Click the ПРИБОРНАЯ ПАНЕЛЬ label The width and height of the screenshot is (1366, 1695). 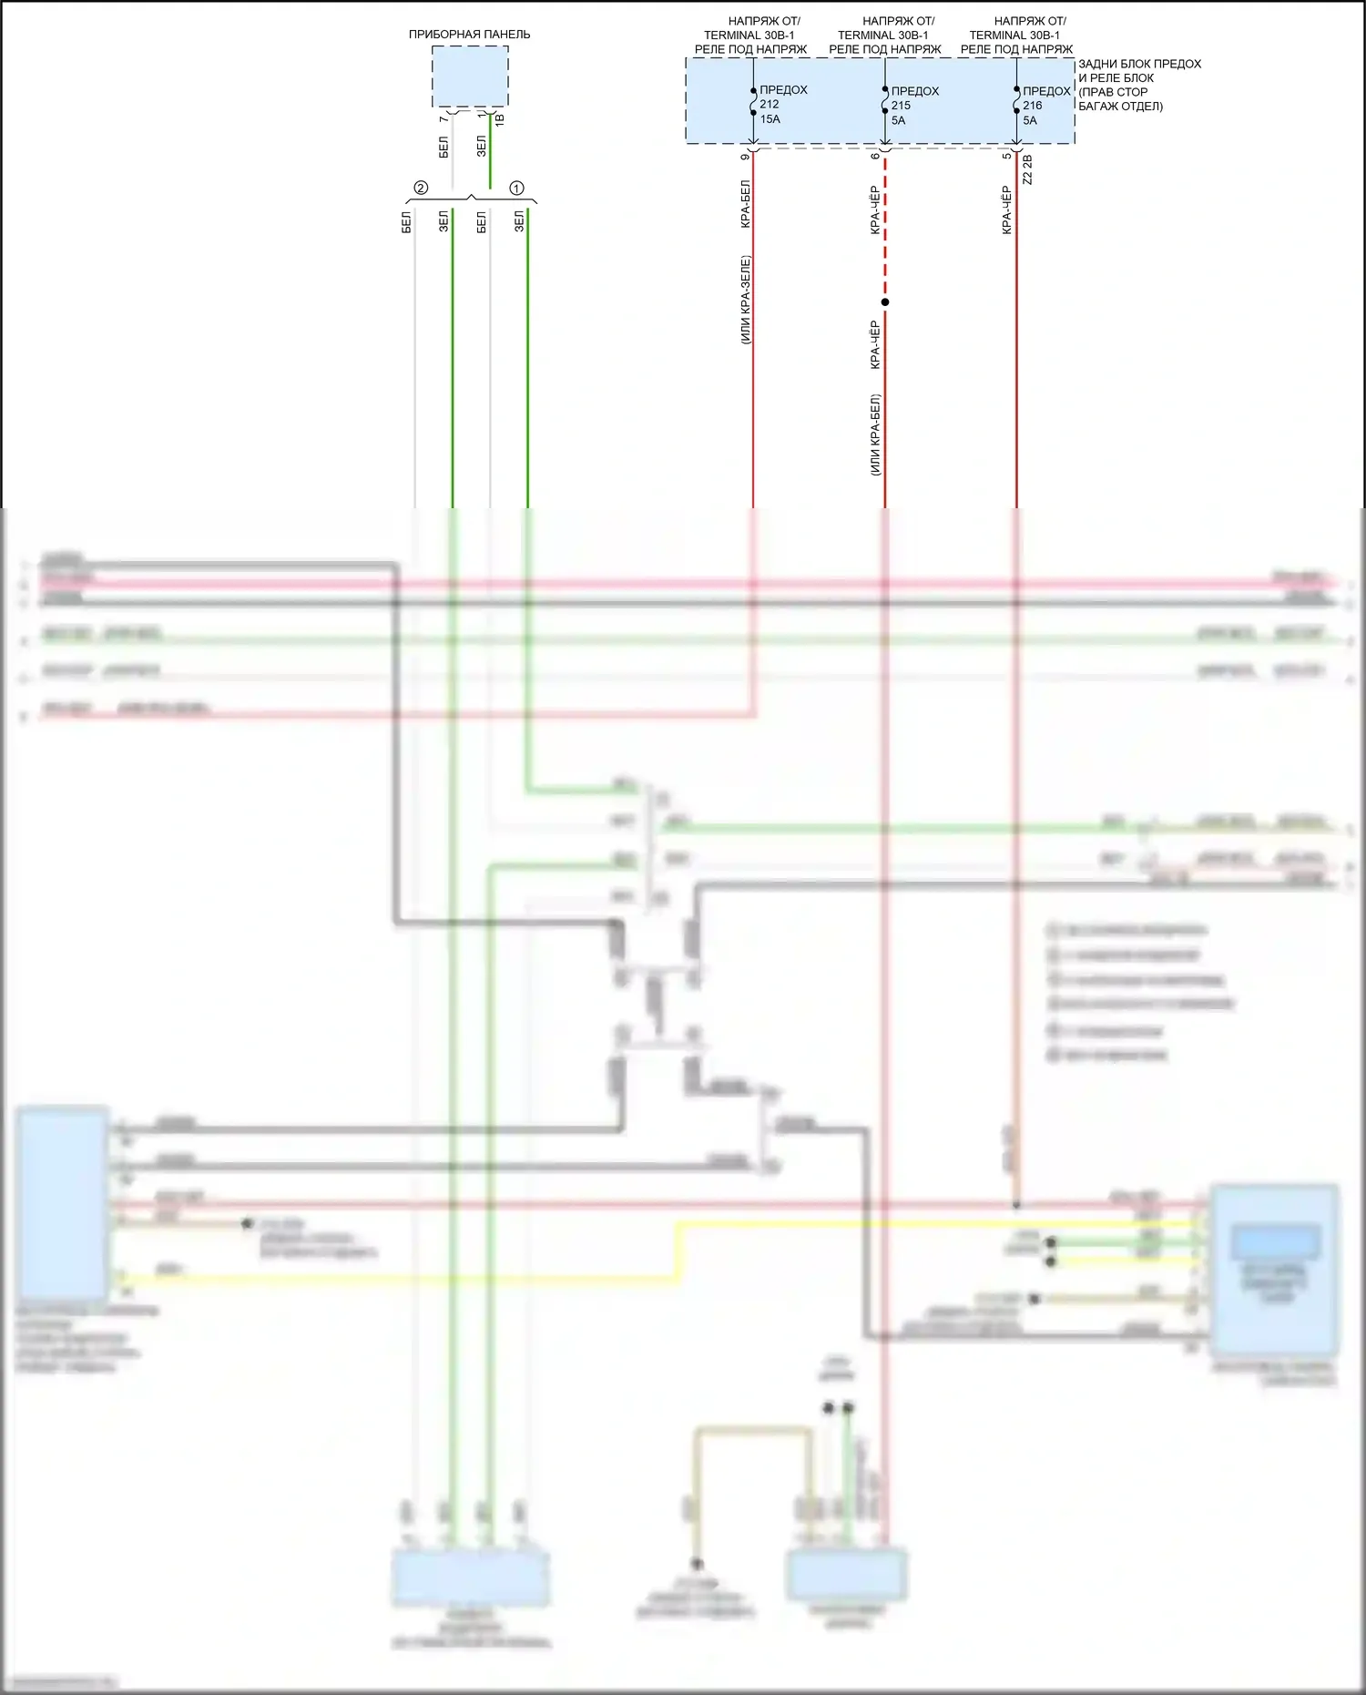[469, 35]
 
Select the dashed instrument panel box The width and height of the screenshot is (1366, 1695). [469, 77]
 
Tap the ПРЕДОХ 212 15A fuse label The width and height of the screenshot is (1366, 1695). [782, 105]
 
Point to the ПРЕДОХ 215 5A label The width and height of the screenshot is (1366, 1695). [913, 106]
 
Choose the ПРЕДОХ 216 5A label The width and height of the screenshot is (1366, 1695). [1045, 106]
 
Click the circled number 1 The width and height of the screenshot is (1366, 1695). [516, 189]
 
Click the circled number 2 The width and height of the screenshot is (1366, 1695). [421, 189]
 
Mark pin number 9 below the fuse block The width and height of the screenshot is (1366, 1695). [745, 157]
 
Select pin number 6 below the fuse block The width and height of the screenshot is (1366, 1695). [876, 157]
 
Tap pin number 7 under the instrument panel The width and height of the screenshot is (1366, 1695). [443, 119]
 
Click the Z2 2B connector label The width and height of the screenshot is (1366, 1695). [1027, 169]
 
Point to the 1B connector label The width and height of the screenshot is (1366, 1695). [500, 119]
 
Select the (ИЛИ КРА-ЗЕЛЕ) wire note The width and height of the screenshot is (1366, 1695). [745, 300]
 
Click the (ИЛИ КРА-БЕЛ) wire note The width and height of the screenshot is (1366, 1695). [876, 434]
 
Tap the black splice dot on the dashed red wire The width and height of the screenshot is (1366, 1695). [885, 302]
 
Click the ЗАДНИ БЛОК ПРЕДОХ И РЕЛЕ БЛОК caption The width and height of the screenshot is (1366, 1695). [1138, 85]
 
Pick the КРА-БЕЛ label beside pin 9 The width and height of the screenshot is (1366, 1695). [745, 204]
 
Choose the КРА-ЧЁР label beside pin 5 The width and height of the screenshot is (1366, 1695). [1006, 210]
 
